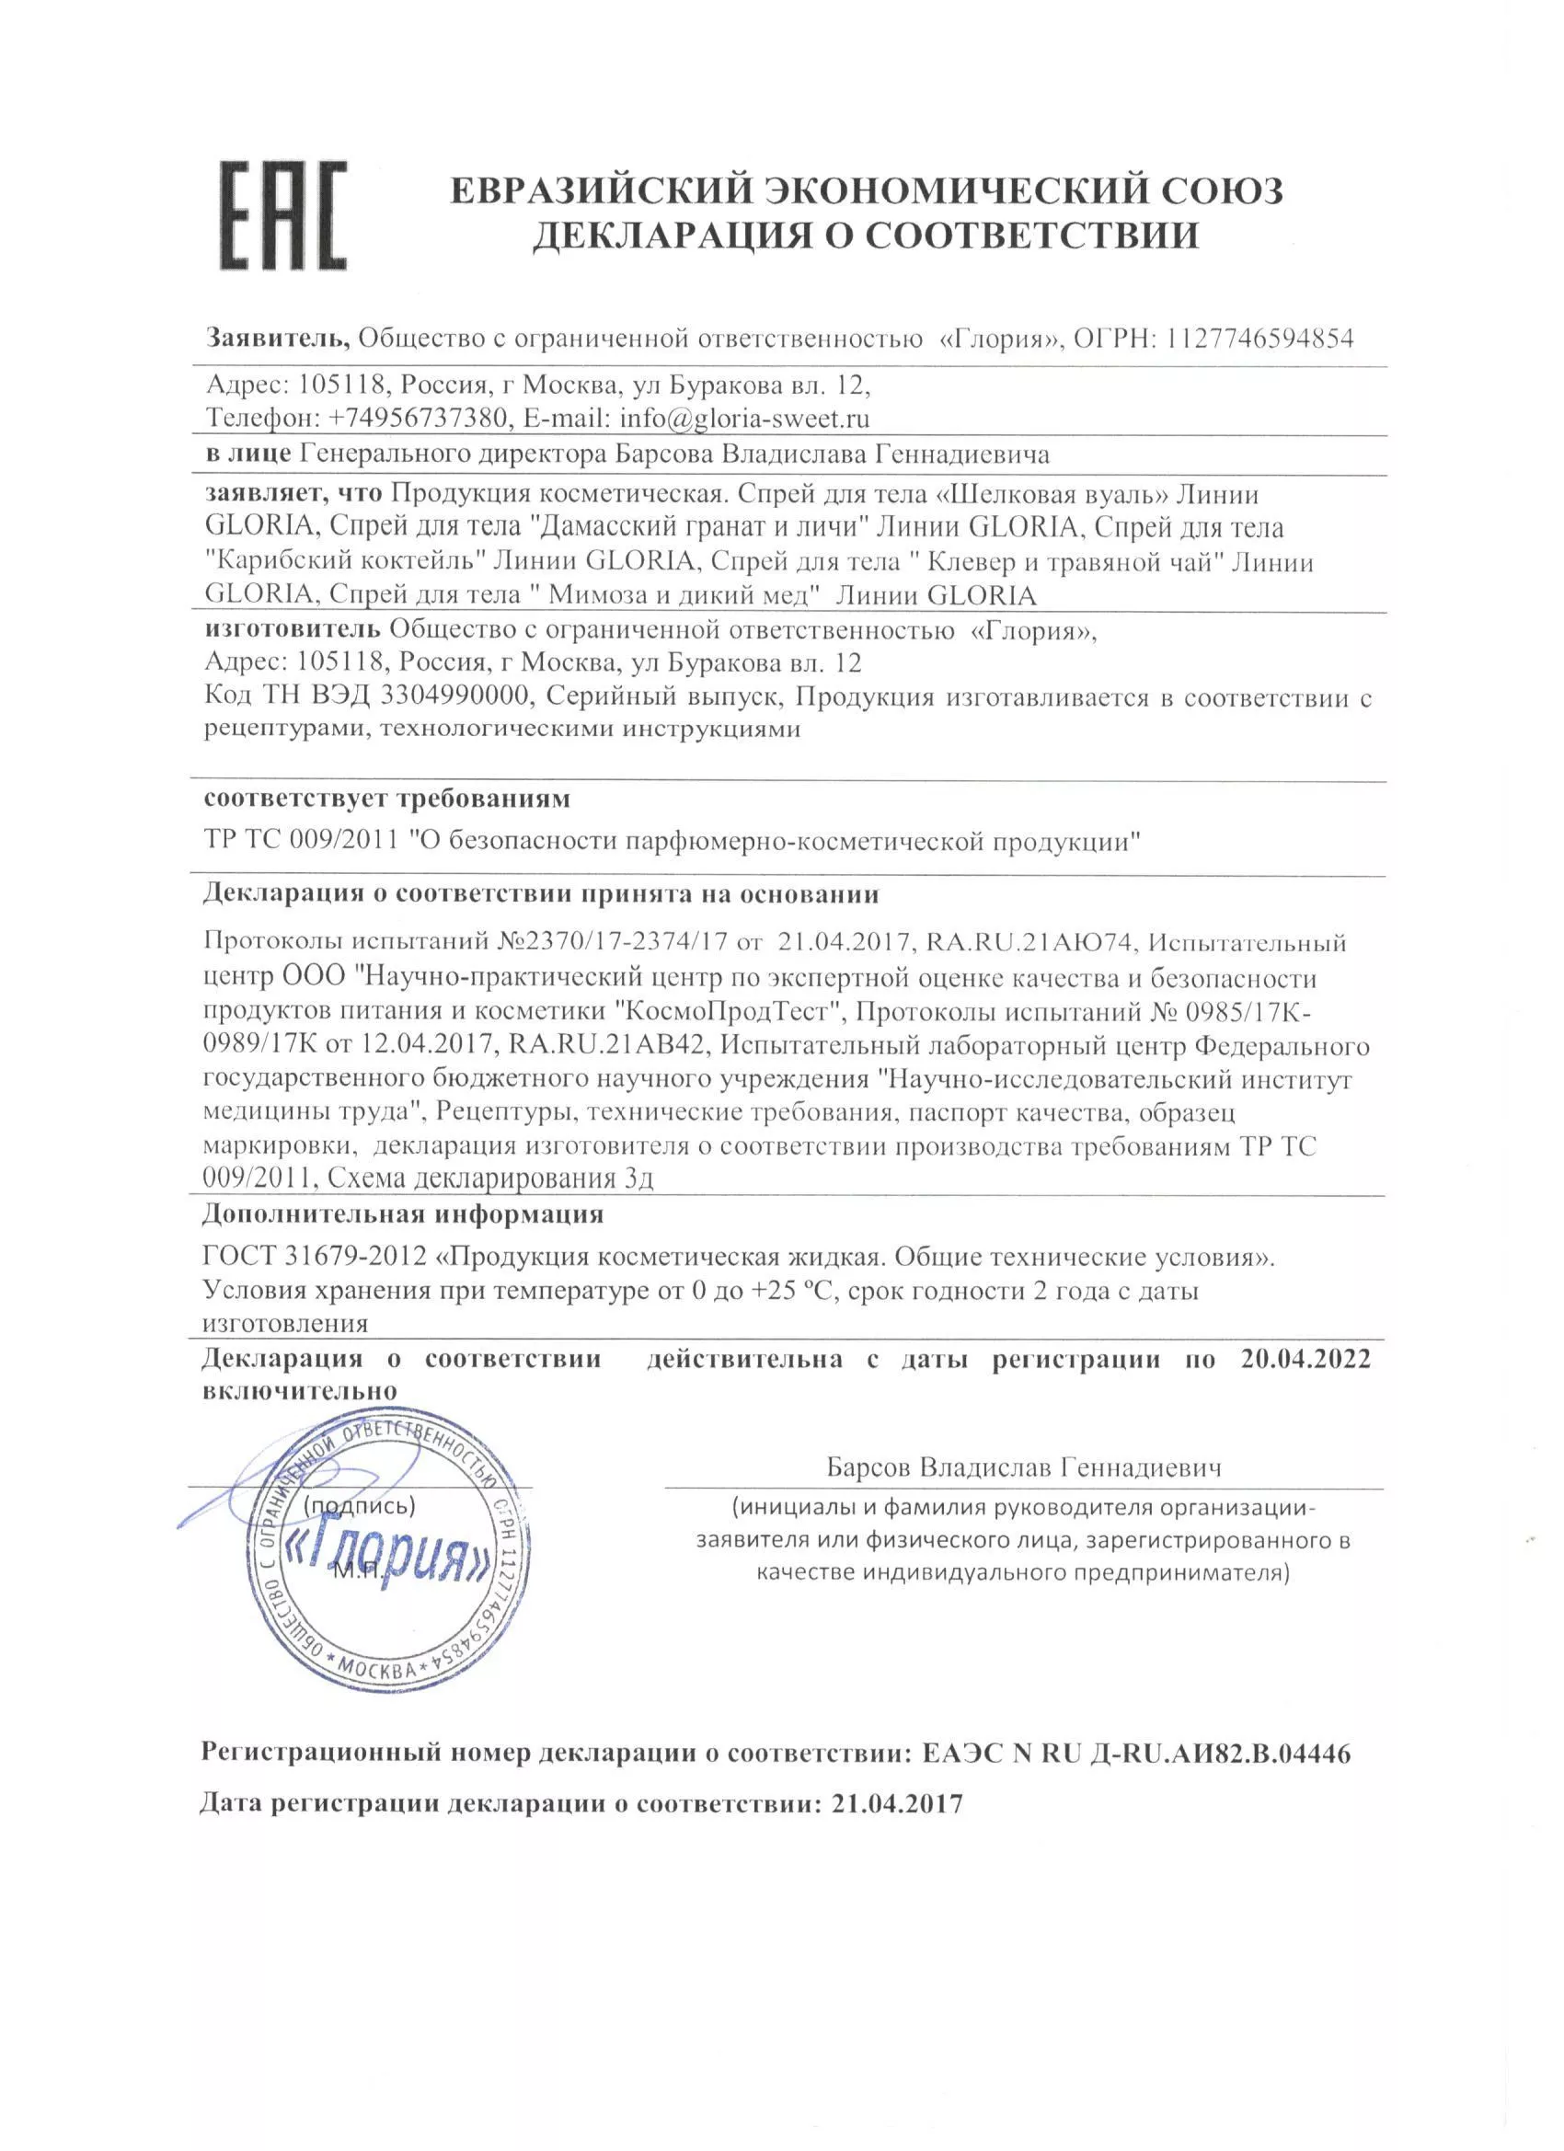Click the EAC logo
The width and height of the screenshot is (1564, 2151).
pyautogui.click(x=283, y=215)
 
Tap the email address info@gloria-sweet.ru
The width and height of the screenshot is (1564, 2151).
pyautogui.click(x=744, y=419)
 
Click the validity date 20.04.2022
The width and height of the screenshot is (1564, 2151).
pyautogui.click(x=1305, y=1359)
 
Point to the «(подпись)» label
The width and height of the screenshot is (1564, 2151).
pyautogui.click(x=360, y=1504)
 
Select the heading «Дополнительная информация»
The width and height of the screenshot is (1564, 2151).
pyautogui.click(x=403, y=1214)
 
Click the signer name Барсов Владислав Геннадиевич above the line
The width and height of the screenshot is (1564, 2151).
pyautogui.click(x=1024, y=1468)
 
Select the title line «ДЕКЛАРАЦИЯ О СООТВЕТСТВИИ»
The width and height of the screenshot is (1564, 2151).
pyautogui.click(x=865, y=236)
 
